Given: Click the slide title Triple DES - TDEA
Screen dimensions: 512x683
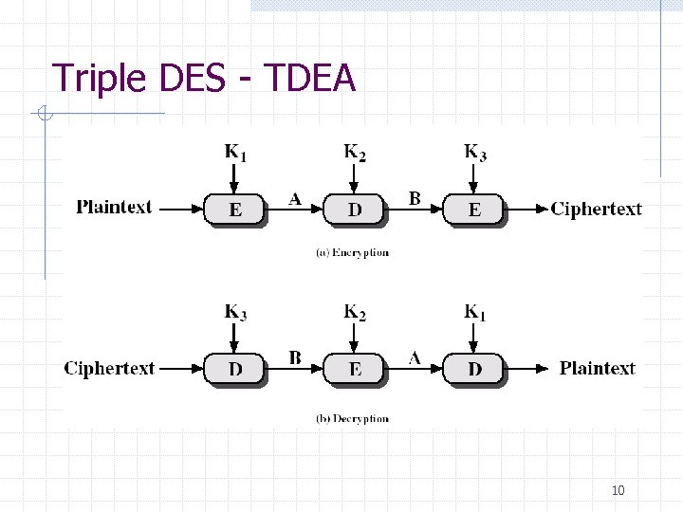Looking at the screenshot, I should click(x=203, y=78).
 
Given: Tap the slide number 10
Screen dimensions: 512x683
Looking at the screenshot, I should click(x=618, y=490).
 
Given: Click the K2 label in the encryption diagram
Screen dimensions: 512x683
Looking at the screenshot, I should click(x=355, y=152).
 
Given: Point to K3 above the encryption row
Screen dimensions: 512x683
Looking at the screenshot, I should click(x=475, y=152).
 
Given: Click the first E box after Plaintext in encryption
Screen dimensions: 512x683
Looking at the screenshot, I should click(x=234, y=210).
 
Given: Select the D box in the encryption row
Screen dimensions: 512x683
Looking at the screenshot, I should click(x=354, y=210).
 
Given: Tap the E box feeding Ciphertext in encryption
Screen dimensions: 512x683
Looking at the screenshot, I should click(x=474, y=210).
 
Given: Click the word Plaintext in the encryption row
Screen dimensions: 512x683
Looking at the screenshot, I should click(x=114, y=208).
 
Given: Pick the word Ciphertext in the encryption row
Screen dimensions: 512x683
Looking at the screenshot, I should click(x=596, y=209).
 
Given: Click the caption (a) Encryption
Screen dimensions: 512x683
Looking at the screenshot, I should click(x=352, y=253).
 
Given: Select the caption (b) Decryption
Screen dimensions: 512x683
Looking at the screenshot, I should click(x=352, y=418).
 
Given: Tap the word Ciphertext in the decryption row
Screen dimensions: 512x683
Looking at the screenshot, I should click(x=109, y=368).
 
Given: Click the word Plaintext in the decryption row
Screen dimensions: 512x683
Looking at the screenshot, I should click(x=597, y=368).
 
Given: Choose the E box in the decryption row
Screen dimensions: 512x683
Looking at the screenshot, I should click(x=354, y=369).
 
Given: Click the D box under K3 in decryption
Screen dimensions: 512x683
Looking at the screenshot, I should click(x=234, y=369).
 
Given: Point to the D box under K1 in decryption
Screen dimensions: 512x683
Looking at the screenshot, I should click(x=474, y=369).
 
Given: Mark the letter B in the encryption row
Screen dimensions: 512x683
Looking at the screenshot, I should click(x=415, y=198).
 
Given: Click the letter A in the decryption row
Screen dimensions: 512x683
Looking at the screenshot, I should click(x=415, y=357).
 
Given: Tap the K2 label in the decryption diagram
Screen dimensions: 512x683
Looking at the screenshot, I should click(x=355, y=312).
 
